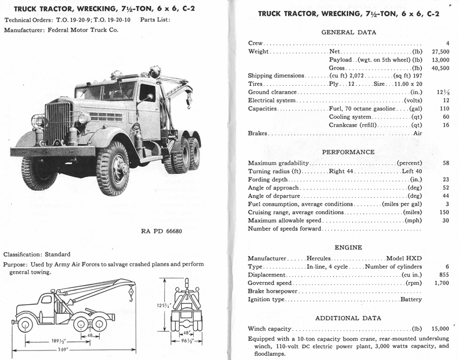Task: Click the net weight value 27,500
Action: tap(440, 52)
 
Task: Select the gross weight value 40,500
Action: tap(440, 68)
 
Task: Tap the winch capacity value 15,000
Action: tap(440, 329)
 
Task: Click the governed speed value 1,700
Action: tap(442, 283)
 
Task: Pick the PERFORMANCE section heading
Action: tap(348, 152)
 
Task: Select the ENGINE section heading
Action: tap(348, 247)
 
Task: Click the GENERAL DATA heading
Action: tap(349, 32)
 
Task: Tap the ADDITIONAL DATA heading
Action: tap(349, 318)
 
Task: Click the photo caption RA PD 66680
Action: tap(163, 231)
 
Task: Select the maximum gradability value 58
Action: tap(445, 163)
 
